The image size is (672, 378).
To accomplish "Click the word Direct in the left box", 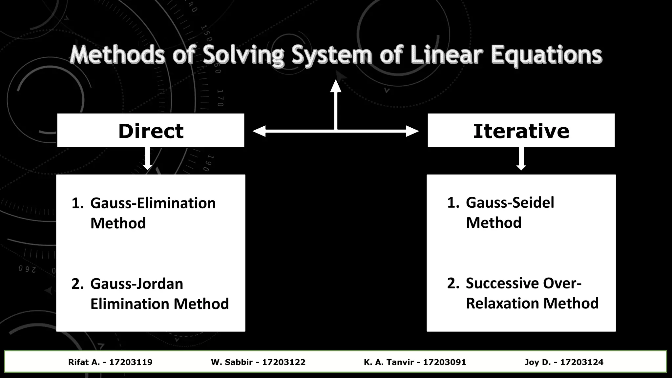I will point(151,131).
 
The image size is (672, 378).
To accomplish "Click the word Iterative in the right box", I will point(521,131).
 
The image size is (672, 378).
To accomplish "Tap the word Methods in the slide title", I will point(117,55).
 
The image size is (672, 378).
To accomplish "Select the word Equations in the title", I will point(546,55).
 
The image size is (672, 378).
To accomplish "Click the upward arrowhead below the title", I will point(336,86).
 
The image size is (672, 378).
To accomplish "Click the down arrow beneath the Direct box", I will point(148,164).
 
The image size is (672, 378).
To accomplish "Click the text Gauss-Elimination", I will point(153,203).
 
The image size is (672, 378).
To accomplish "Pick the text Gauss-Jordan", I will point(136,284).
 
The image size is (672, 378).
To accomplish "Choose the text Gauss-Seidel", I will point(510,202).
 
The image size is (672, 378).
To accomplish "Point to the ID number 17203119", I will point(131,362).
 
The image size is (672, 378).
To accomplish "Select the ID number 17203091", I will point(444,362).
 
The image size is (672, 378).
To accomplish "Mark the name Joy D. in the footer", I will point(537,362).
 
